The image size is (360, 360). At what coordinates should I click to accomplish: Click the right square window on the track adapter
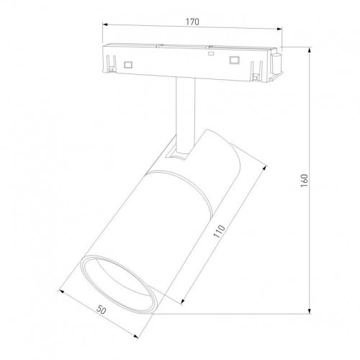(234, 60)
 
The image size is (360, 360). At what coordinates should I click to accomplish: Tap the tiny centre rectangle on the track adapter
(210, 53)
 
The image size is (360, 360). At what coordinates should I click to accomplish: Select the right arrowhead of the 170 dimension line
(279, 31)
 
